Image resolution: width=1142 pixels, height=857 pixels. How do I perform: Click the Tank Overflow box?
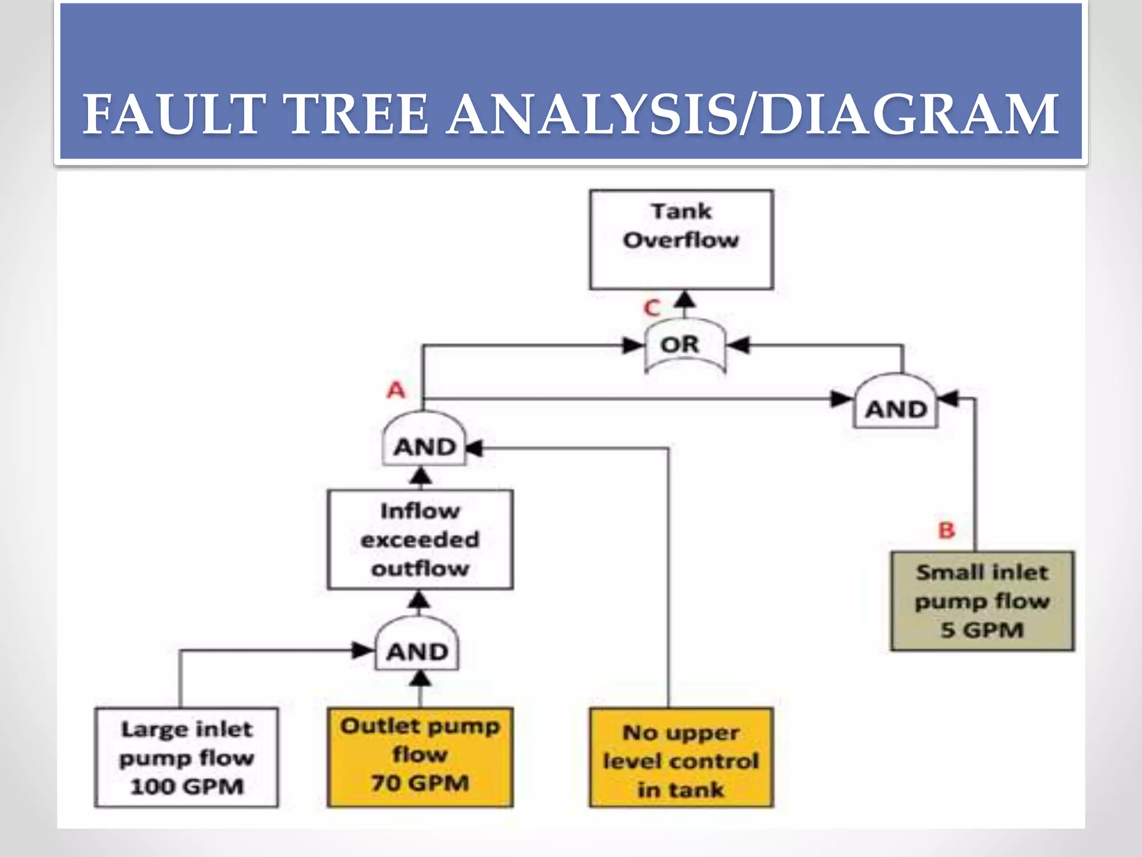[x=681, y=239]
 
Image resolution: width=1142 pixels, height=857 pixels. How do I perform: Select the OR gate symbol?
[x=685, y=346]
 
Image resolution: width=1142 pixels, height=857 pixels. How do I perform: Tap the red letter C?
[x=651, y=308]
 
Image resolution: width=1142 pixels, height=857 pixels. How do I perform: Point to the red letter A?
[x=396, y=389]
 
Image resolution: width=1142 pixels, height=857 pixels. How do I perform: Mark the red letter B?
[x=946, y=530]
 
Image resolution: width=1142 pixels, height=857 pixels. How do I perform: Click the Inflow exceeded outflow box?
[x=420, y=540]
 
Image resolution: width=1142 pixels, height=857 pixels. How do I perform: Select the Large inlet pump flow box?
[x=186, y=757]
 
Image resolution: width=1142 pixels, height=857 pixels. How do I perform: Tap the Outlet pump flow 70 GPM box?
[x=420, y=757]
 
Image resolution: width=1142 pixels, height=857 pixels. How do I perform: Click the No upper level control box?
[x=681, y=757]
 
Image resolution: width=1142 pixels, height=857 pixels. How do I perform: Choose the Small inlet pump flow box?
[x=982, y=601]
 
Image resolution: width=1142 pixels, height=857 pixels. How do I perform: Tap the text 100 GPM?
[x=186, y=787]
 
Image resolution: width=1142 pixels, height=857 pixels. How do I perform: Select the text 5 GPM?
[x=982, y=630]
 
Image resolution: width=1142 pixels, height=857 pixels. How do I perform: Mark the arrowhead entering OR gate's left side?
[x=633, y=346]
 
